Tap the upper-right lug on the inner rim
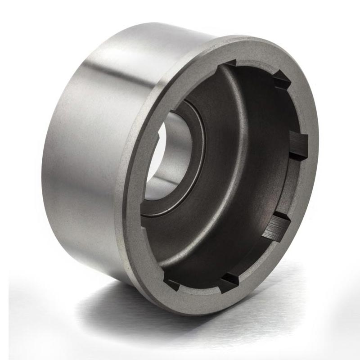pyautogui.click(x=282, y=81)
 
